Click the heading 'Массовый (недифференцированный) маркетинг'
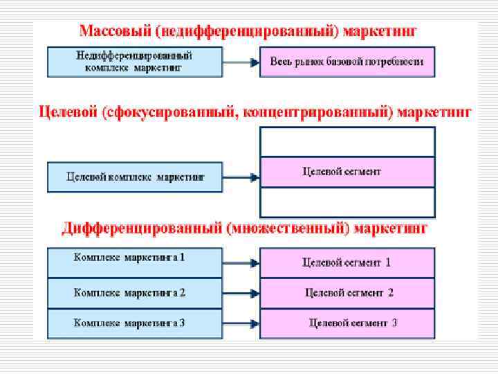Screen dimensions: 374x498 [x=249, y=31]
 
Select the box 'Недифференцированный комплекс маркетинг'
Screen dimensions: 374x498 [x=135, y=61]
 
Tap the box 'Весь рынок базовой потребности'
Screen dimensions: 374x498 [x=347, y=61]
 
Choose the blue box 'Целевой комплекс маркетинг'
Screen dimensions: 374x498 [x=135, y=177]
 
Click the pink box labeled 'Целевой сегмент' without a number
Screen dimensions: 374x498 [x=347, y=172]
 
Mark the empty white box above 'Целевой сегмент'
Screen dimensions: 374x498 [x=347, y=142]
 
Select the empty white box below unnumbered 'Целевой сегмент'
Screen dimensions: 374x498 [x=347, y=202]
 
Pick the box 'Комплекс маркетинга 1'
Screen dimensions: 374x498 [x=135, y=262]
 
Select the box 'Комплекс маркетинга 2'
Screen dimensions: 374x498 [x=135, y=293]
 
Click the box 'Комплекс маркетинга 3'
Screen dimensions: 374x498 [x=135, y=323]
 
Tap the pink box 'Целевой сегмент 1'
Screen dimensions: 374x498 [x=347, y=262]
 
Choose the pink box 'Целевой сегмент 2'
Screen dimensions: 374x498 [x=347, y=293]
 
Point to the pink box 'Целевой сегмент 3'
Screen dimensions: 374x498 [x=347, y=323]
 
